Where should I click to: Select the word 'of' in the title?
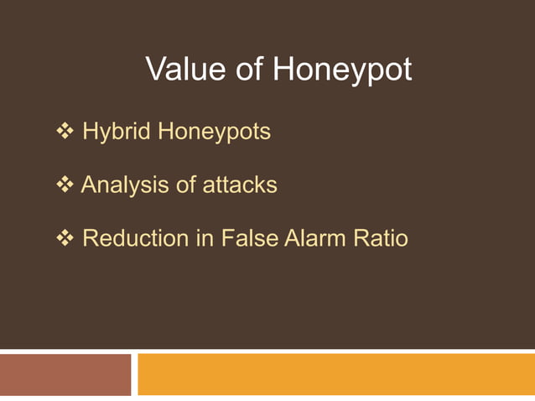249,70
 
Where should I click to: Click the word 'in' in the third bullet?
205,238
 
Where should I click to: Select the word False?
249,238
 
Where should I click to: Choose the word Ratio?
382,238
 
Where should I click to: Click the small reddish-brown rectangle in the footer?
65,374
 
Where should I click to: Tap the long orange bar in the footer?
335,374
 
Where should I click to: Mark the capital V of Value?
156,70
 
